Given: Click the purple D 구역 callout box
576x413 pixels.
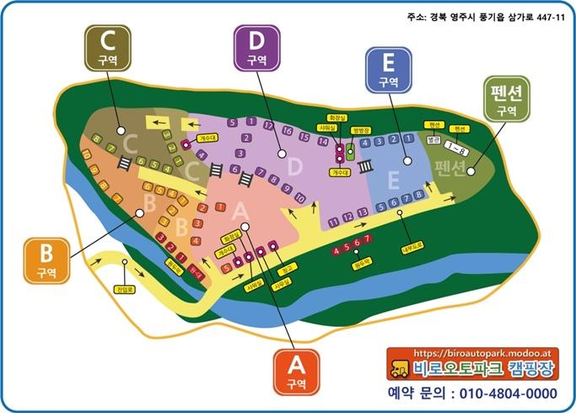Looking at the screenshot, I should (257, 48).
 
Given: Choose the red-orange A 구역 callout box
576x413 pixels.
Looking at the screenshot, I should (295, 372).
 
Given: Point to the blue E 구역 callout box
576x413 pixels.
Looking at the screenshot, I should (388, 69).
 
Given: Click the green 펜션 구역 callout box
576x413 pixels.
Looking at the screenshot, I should (506, 100).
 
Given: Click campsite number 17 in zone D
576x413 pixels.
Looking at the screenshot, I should (269, 126).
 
